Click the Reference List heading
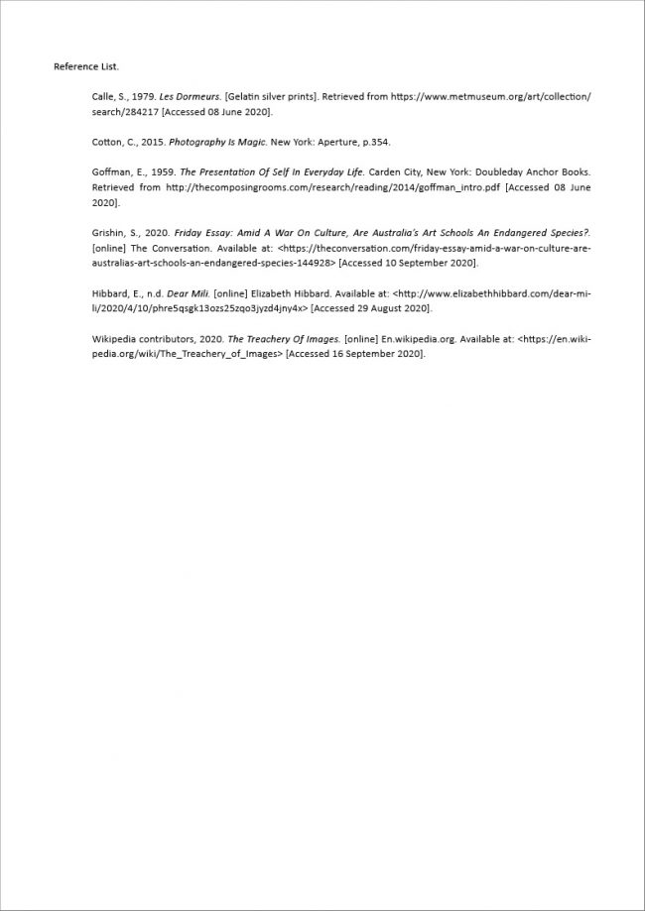click(x=86, y=66)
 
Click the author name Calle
click(x=103, y=96)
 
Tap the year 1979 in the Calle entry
click(x=140, y=96)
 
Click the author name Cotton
click(x=107, y=142)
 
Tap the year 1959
click(x=163, y=171)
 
